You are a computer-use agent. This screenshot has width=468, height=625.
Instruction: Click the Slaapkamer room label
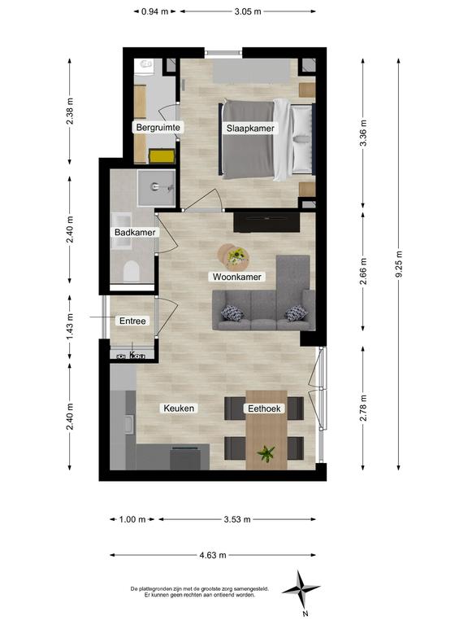pos(250,129)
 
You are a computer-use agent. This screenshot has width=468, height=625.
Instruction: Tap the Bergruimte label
pos(158,128)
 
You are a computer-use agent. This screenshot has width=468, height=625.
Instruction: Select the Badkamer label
pos(135,233)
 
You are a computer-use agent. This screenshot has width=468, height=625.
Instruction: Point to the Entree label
pos(132,321)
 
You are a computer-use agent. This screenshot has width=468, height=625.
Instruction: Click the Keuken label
pos(179,409)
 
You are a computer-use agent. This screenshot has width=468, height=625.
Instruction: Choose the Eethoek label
pos(264,409)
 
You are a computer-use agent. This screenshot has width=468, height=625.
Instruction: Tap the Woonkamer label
pos(236,277)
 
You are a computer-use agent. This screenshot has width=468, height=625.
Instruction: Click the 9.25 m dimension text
pos(399,264)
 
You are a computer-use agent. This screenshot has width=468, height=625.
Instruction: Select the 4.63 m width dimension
pos(213,555)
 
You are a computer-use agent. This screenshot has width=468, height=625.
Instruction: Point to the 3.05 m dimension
pos(248,11)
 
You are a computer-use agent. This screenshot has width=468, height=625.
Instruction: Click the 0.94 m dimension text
pos(155,11)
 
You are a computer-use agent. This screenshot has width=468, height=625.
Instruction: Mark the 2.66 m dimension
pos(363,271)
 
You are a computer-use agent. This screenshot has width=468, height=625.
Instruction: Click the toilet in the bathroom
pos(132,272)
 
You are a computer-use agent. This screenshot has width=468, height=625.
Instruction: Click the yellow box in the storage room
pos(162,156)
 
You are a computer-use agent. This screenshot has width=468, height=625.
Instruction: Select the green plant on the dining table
pos(266,453)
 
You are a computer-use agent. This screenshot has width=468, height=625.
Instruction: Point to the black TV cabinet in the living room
pos(266,222)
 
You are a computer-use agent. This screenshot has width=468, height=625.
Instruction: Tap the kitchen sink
pos(129,424)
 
